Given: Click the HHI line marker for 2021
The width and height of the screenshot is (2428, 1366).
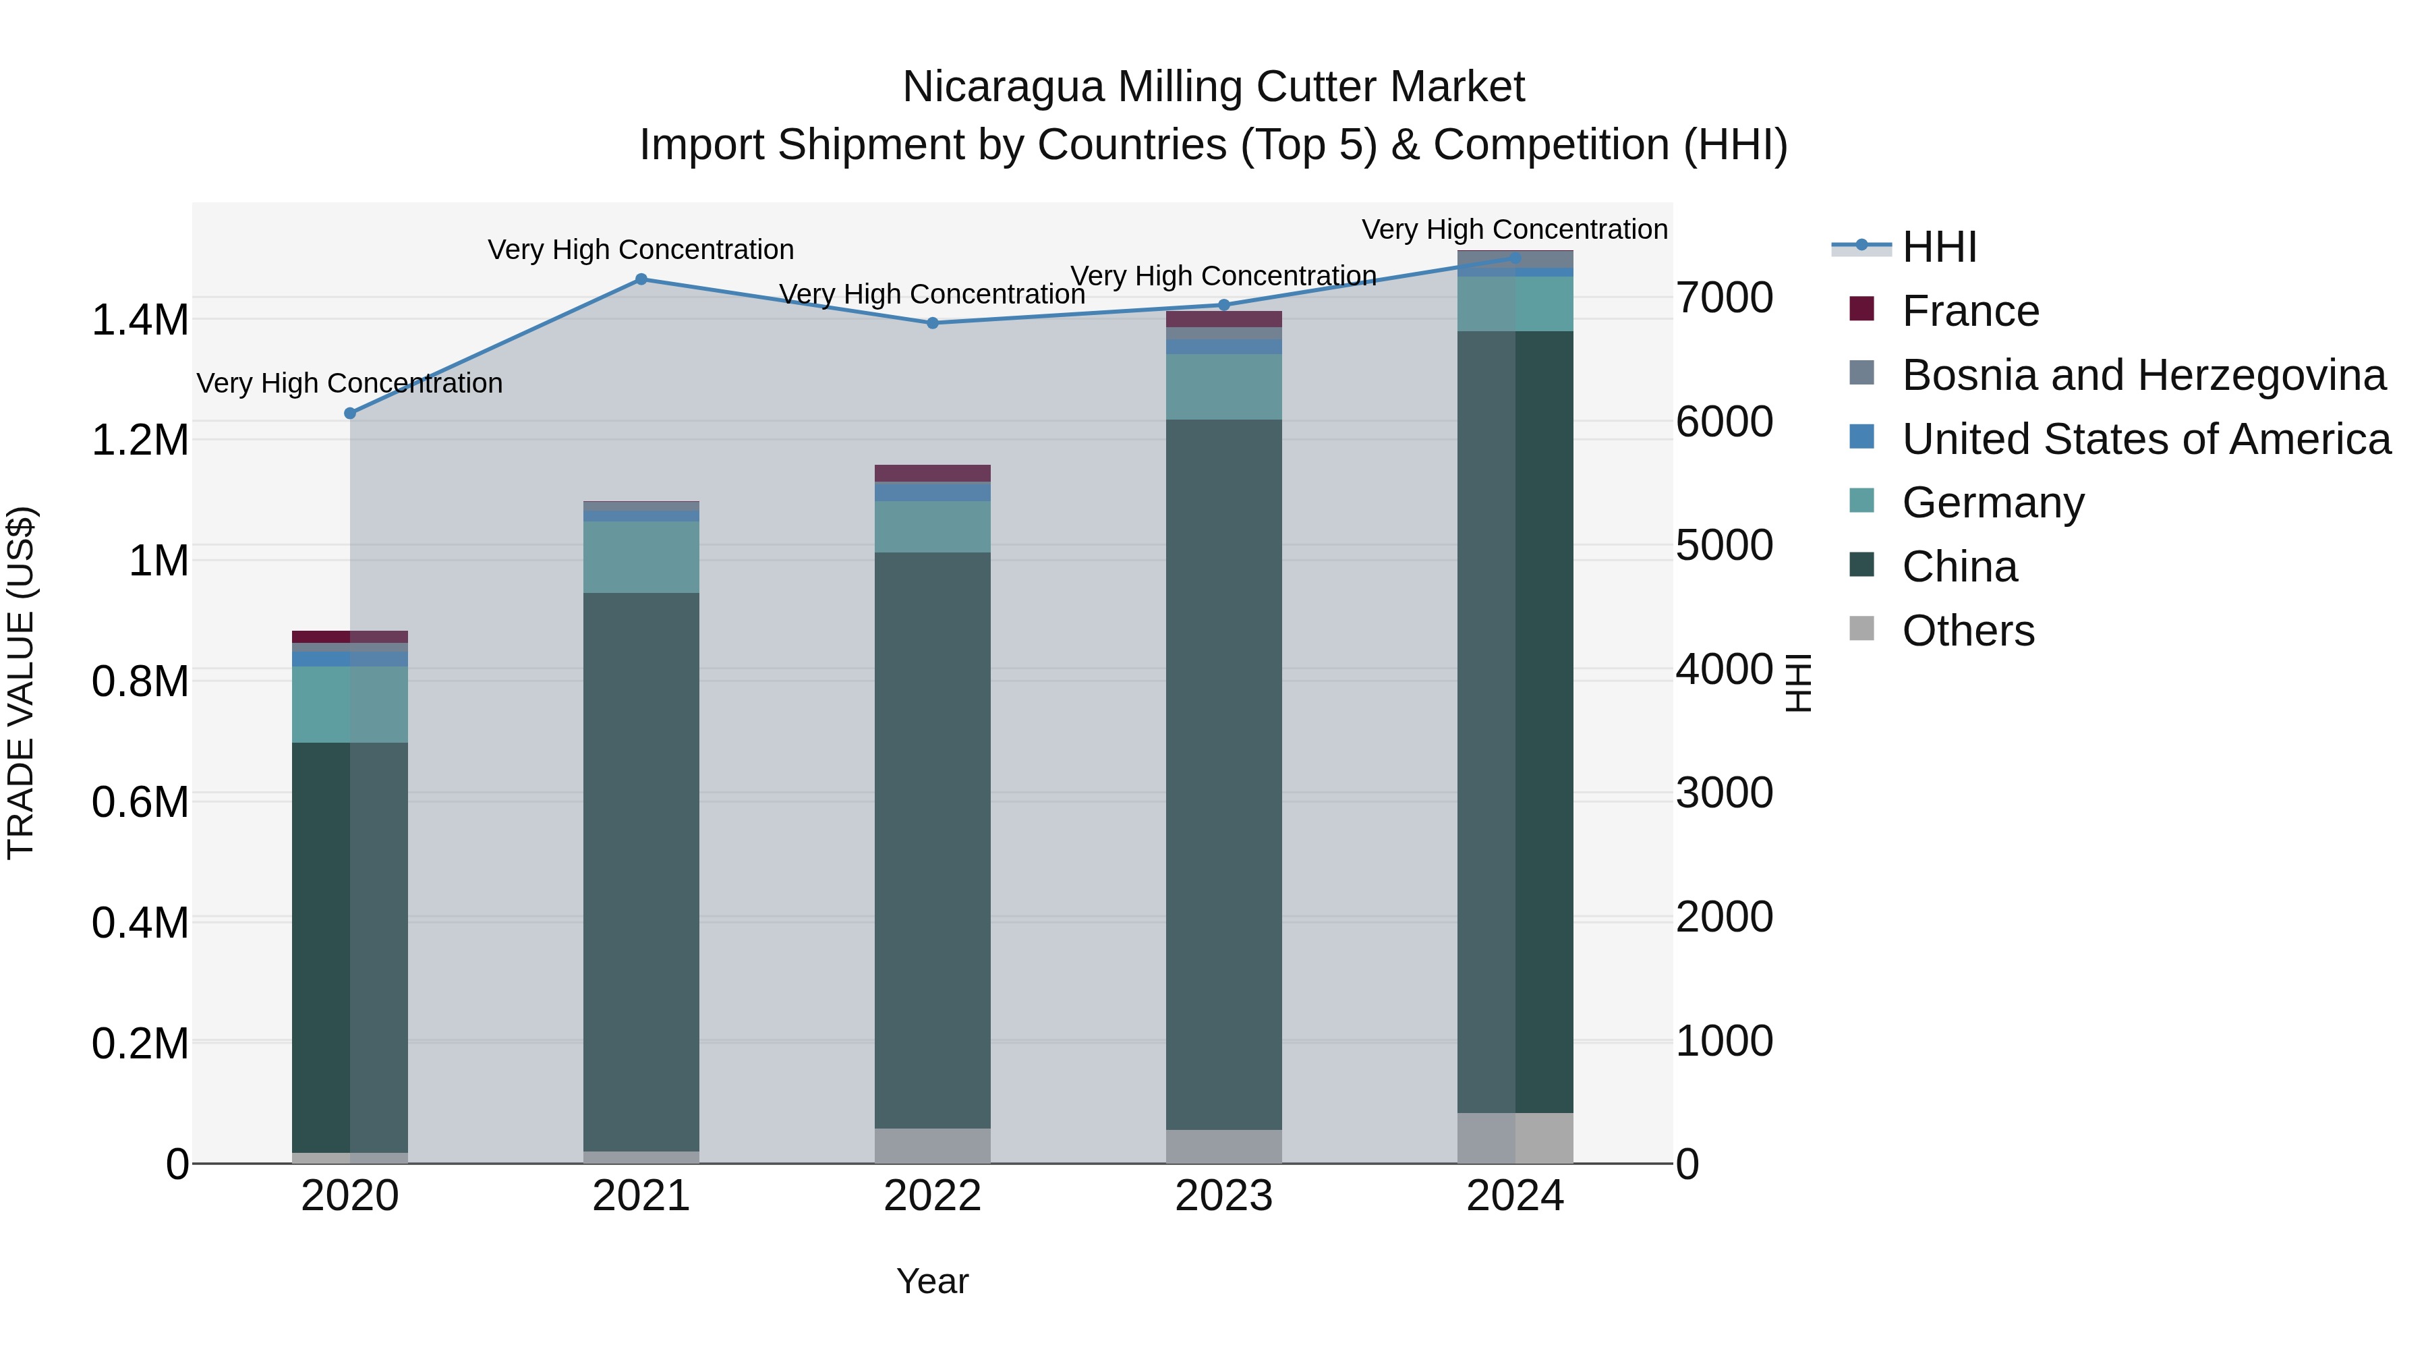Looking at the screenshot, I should (641, 279).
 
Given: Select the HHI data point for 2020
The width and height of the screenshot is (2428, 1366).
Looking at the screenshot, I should (349, 413).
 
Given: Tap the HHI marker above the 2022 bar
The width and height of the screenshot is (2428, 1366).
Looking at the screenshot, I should (932, 323).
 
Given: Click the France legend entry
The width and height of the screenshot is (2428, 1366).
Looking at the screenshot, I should (1970, 311).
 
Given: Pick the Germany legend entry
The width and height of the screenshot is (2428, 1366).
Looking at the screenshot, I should (1992, 503).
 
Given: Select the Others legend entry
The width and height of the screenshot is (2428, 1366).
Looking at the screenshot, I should (1968, 631).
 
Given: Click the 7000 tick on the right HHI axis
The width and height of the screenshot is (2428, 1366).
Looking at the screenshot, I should (1724, 298).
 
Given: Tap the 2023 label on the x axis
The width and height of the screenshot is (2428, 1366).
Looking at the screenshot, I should (1223, 1196).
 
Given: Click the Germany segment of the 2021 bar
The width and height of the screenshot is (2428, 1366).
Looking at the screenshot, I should (641, 557).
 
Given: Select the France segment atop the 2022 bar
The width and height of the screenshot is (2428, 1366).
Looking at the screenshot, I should (932, 474).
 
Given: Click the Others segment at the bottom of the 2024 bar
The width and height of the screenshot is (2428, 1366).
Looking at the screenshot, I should (1515, 1138).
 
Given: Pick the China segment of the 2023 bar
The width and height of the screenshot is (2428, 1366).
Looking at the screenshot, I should (1223, 773).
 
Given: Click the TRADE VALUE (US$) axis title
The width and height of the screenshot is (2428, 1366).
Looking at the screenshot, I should (21, 683).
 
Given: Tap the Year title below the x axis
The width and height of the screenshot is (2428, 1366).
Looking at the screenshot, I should (932, 1281).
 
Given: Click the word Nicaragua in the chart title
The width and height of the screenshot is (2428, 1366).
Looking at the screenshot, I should (1003, 88).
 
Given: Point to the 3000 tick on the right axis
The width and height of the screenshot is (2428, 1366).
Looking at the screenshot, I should (1724, 793).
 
